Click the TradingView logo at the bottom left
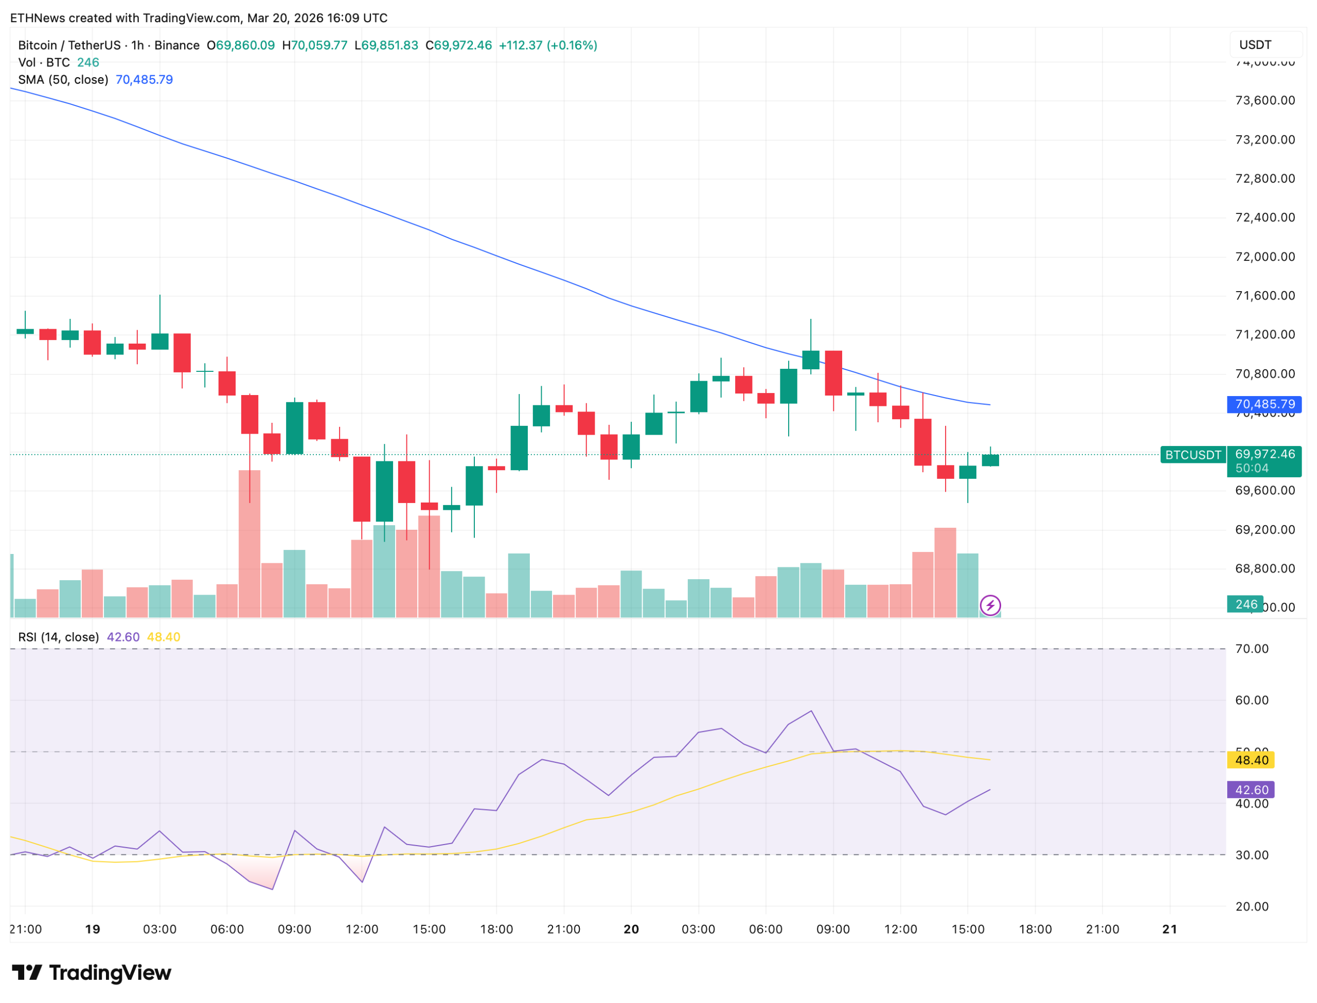coord(92,973)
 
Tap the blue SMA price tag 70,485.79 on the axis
coord(1263,404)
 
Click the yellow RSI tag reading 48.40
coord(1250,760)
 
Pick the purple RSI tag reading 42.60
coord(1250,790)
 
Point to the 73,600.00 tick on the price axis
coord(1265,100)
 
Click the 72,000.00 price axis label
coord(1265,257)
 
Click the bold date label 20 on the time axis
coord(631,929)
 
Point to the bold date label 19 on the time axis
coord(93,929)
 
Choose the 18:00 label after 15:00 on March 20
coord(1035,929)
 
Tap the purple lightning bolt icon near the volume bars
coord(990,605)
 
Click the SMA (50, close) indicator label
coord(63,79)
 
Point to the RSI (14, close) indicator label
coord(59,637)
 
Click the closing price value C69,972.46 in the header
coord(458,45)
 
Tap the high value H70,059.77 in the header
coord(315,45)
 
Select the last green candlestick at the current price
coord(990,460)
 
